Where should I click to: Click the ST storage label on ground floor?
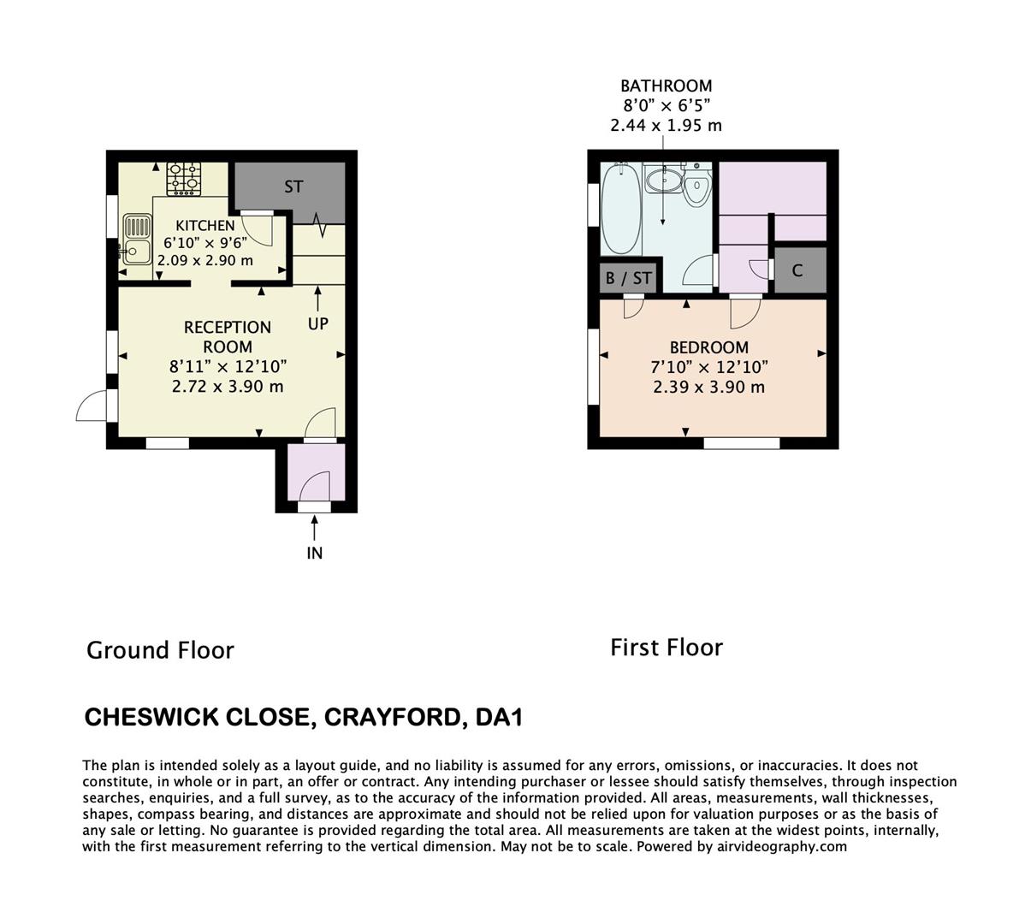(x=293, y=187)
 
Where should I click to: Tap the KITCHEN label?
(x=205, y=226)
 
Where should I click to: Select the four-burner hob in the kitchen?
(x=184, y=177)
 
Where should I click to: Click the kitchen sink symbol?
(x=136, y=240)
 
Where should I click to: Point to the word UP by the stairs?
(x=317, y=324)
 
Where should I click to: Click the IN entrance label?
(x=315, y=553)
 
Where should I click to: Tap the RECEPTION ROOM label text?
(x=228, y=336)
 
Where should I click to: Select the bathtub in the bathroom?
(x=621, y=209)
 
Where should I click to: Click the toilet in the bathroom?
(x=696, y=187)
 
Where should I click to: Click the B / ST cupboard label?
(x=629, y=278)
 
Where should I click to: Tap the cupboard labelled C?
(x=797, y=270)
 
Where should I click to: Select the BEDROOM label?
(x=709, y=347)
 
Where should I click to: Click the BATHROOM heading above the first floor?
(x=666, y=86)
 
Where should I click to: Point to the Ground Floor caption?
(x=160, y=650)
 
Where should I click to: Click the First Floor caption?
(x=667, y=648)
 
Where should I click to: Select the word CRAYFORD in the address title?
(x=390, y=717)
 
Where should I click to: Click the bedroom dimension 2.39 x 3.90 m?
(x=709, y=387)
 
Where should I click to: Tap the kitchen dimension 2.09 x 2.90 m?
(x=205, y=260)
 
